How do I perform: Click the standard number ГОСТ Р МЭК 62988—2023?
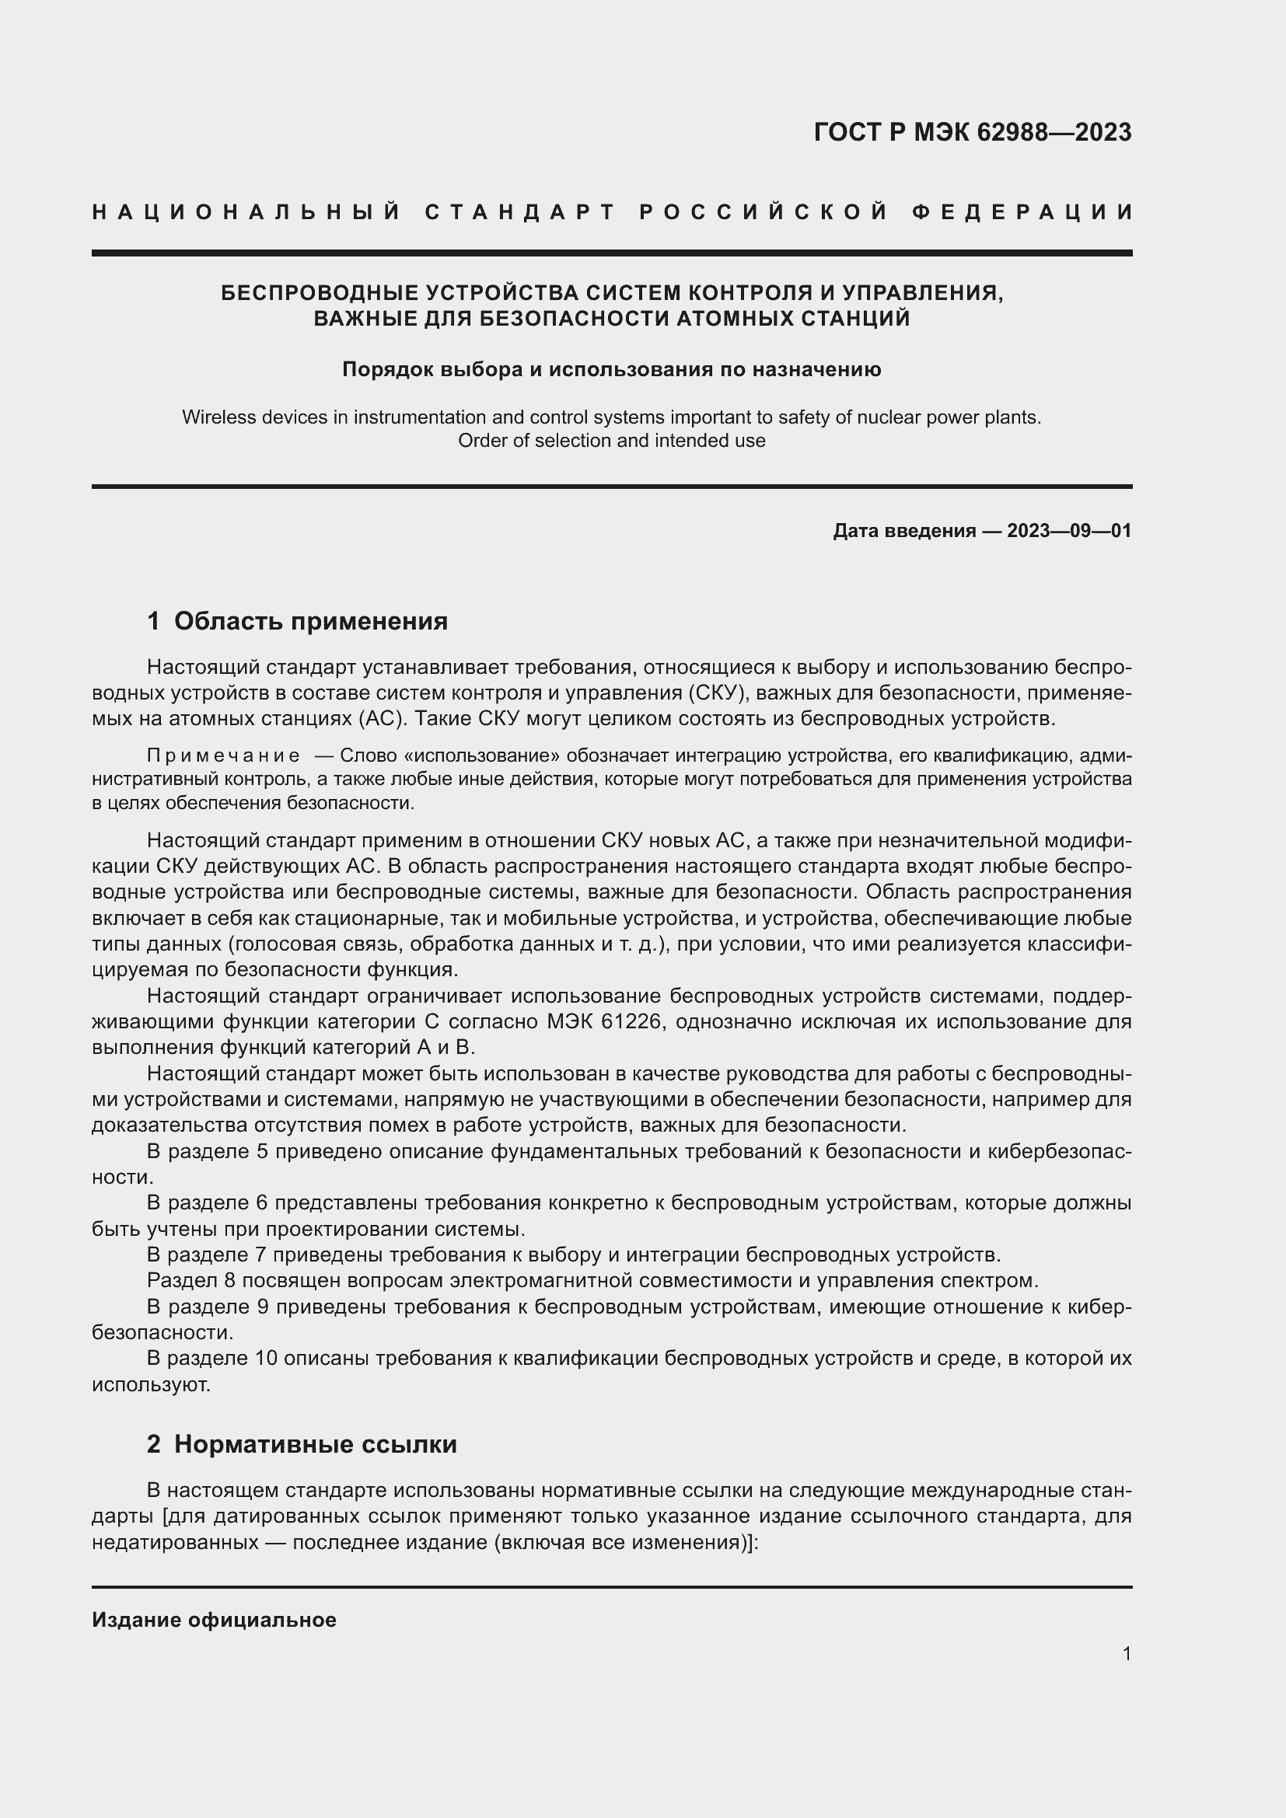973,131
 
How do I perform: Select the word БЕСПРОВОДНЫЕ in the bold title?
319,293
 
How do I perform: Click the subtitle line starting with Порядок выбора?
611,370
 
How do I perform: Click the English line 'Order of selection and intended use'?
611,441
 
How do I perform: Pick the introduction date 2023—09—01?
1069,531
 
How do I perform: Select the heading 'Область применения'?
310,622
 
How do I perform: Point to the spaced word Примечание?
223,756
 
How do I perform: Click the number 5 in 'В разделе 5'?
263,1152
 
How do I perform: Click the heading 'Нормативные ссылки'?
315,1445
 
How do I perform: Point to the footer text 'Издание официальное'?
214,1620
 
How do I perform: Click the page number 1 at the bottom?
1126,1654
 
